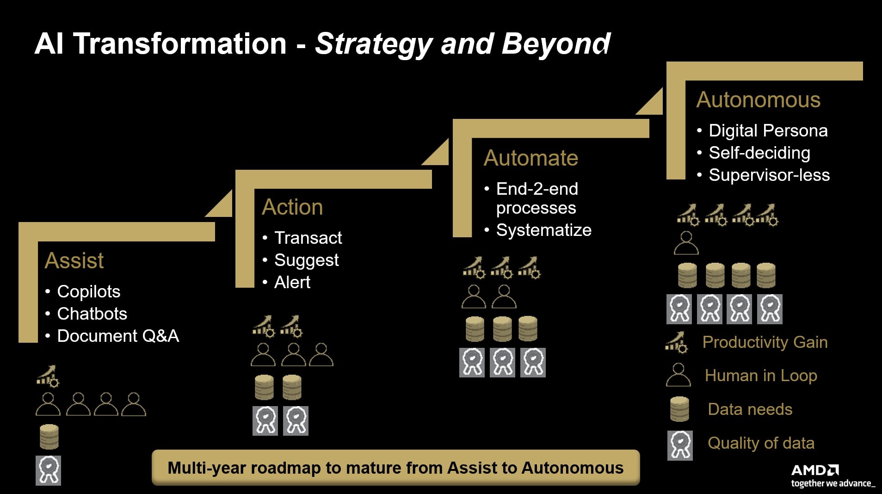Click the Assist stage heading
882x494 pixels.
click(74, 260)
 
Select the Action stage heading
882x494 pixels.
click(292, 207)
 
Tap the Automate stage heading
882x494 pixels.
click(530, 158)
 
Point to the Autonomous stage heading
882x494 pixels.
click(758, 99)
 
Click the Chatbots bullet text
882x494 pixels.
click(92, 314)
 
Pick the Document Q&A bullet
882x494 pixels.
click(117, 336)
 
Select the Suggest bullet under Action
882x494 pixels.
click(306, 260)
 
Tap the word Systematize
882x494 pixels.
click(543, 230)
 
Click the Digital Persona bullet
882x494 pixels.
click(768, 130)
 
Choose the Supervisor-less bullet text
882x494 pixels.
click(769, 175)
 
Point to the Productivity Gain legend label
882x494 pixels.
click(765, 342)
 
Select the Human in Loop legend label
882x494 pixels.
click(760, 375)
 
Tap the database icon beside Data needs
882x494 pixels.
click(679, 409)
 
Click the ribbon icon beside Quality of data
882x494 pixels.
click(680, 445)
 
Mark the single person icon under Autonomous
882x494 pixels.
click(686, 243)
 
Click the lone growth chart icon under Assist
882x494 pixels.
click(48, 376)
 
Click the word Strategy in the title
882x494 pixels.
click(373, 44)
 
